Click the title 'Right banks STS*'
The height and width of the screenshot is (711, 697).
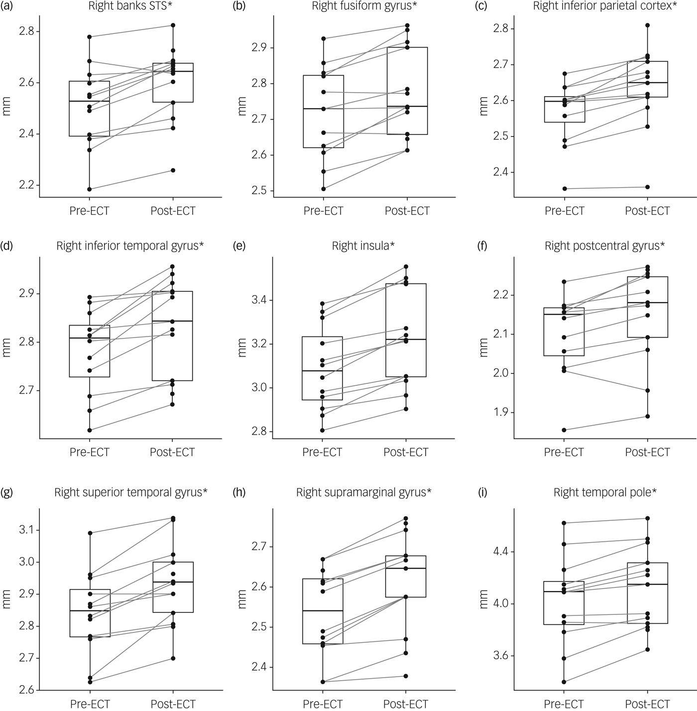click(x=127, y=6)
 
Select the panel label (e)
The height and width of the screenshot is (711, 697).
click(x=240, y=245)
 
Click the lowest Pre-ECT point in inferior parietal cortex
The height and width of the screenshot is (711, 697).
click(x=564, y=189)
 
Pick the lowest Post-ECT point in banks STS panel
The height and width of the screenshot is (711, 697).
click(x=173, y=170)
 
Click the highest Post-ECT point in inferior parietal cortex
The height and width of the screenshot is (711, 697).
click(x=648, y=25)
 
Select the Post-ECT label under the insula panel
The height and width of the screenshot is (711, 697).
click(x=406, y=452)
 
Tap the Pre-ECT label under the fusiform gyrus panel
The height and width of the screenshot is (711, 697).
click(x=323, y=211)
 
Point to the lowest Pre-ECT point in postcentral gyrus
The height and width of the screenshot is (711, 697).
click(x=564, y=430)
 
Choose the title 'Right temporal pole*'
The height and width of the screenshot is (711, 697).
click(x=605, y=492)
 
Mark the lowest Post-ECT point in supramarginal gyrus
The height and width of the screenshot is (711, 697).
click(x=406, y=676)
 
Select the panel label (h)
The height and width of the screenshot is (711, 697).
click(x=240, y=492)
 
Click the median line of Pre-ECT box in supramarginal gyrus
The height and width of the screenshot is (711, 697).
click(x=323, y=610)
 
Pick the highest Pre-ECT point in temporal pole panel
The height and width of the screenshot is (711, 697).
click(x=564, y=523)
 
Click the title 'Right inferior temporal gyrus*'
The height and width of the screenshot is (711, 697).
click(x=130, y=245)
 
